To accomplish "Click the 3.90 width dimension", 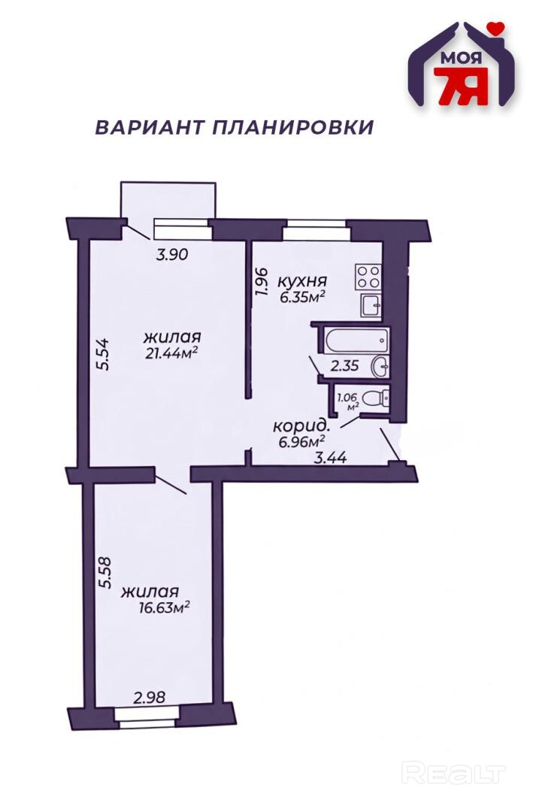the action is pyautogui.click(x=171, y=254).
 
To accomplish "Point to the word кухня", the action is pyautogui.click(x=303, y=281).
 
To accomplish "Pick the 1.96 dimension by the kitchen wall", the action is pyautogui.click(x=261, y=282).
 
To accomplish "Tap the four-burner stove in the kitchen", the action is pyautogui.click(x=368, y=277).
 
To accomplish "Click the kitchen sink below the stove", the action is pyautogui.click(x=371, y=304).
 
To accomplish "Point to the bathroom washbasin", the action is pyautogui.click(x=380, y=367).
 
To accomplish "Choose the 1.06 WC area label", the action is pyautogui.click(x=347, y=398).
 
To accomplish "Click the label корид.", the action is pyautogui.click(x=301, y=427).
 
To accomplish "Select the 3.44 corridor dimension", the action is pyautogui.click(x=331, y=458).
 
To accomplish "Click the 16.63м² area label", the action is pyautogui.click(x=163, y=607).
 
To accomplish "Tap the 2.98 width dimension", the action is pyautogui.click(x=149, y=698).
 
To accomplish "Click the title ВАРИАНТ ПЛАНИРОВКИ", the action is pyautogui.click(x=234, y=127).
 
